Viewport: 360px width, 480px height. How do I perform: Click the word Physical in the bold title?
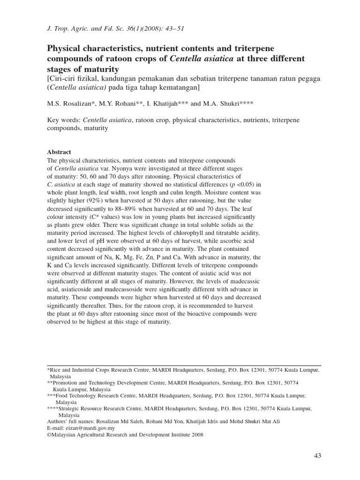[65, 49]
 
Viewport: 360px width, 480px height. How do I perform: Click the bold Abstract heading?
[59, 152]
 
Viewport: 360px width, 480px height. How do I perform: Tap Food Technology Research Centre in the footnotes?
[97, 396]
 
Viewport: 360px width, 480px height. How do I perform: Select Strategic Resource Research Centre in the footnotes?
[100, 409]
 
